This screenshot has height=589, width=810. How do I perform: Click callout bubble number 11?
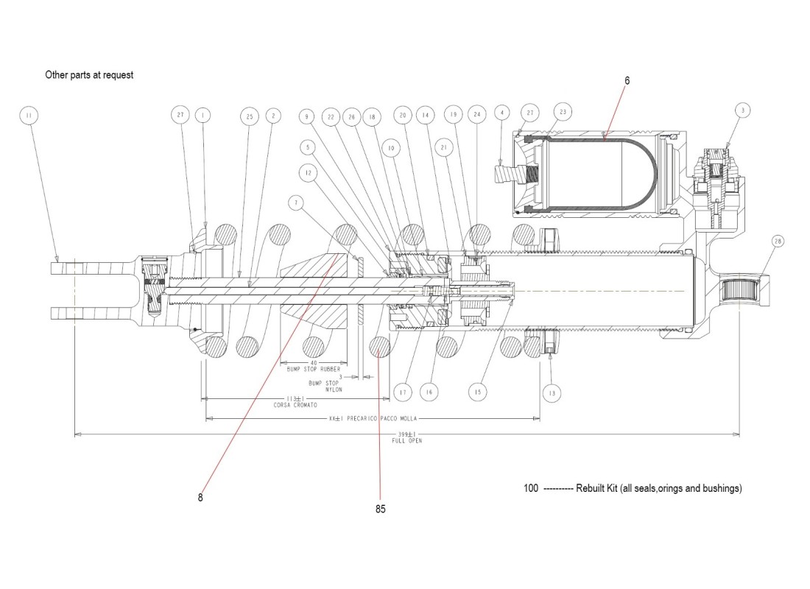tap(28, 116)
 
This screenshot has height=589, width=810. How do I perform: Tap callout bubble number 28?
tap(778, 242)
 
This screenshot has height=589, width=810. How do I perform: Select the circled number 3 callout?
tap(744, 110)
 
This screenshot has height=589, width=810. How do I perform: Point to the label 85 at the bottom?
tap(380, 509)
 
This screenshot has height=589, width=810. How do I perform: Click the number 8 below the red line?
tap(200, 498)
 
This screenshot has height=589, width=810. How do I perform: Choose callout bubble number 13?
tap(552, 394)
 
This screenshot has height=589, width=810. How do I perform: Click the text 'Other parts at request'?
tap(89, 74)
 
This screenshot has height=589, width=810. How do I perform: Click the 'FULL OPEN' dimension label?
tap(407, 441)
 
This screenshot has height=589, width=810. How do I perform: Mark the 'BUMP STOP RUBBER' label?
tap(312, 370)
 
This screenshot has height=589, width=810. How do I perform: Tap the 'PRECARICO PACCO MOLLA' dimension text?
tap(384, 419)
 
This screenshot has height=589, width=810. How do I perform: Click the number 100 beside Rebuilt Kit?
tap(530, 489)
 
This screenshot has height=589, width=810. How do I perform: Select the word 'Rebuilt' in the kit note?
tap(591, 489)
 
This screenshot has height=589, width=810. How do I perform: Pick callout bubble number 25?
tap(249, 116)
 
